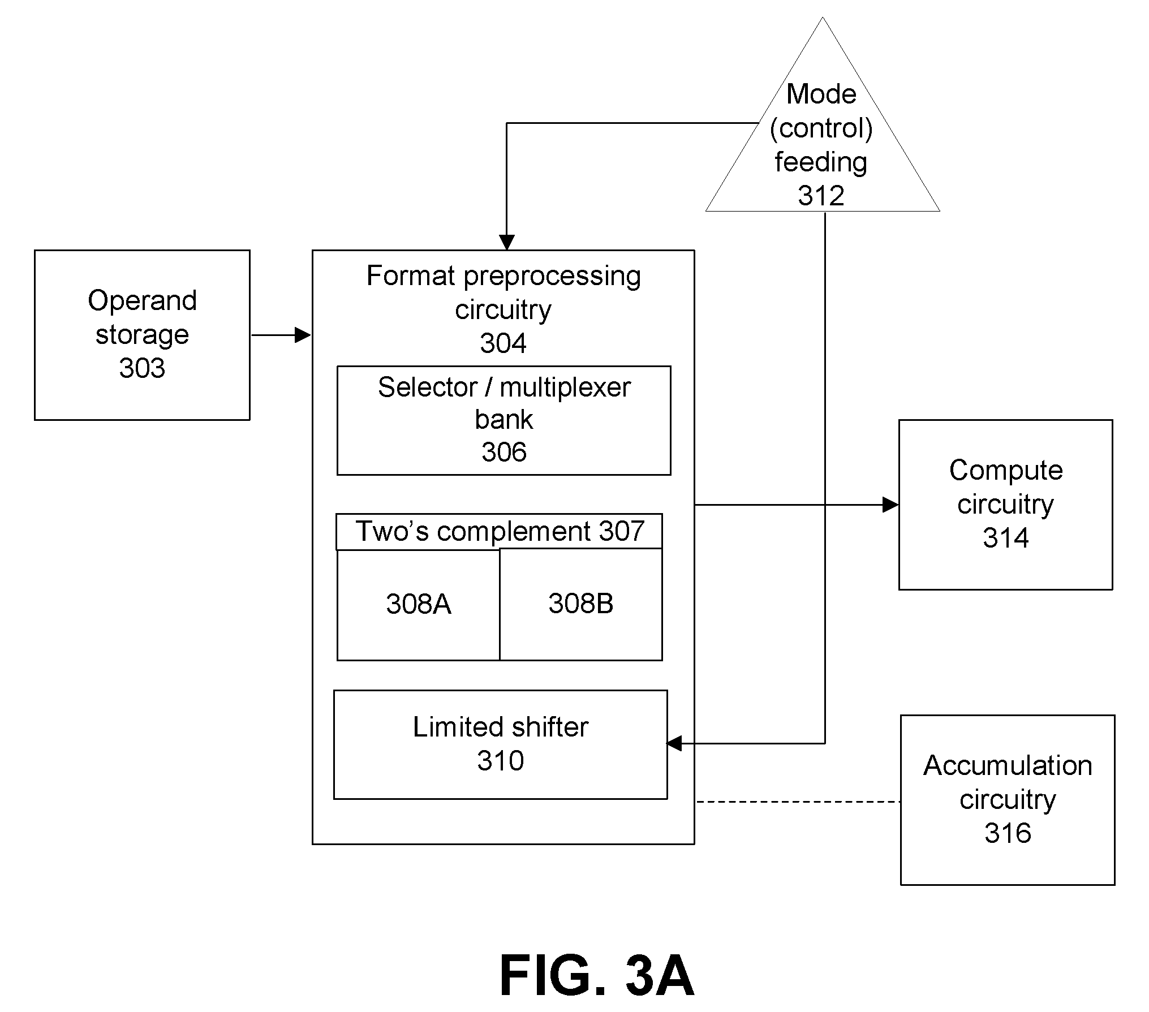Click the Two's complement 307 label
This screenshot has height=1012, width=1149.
tap(500, 531)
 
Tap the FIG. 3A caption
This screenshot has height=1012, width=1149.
tap(597, 975)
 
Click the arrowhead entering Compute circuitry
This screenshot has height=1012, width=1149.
tap(890, 505)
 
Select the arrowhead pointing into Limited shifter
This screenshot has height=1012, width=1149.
tap(674, 743)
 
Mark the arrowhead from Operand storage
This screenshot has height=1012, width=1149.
tap(303, 335)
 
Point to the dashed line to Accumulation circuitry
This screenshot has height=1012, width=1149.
tap(798, 802)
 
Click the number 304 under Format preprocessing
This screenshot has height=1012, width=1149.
tap(503, 343)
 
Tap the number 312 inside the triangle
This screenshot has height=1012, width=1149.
tap(821, 196)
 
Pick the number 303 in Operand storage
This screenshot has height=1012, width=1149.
tap(142, 368)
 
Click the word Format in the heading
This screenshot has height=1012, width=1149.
tap(411, 275)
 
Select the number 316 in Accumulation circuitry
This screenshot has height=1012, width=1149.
tap(1008, 833)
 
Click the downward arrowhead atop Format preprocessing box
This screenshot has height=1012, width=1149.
tap(506, 242)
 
